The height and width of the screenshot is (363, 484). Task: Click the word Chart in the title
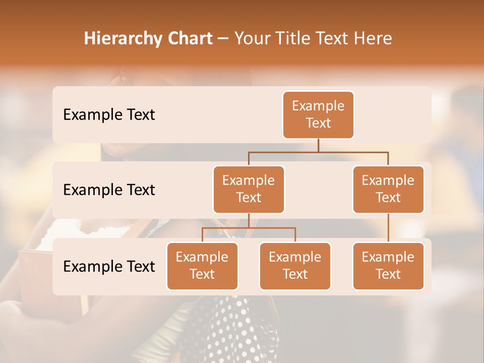coord(190,38)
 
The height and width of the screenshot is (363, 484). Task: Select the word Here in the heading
coord(372,38)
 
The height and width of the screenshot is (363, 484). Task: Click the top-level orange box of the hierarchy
coord(318,115)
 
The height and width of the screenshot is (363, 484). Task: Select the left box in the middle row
coord(249,190)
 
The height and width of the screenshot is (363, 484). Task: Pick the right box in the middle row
coord(388,190)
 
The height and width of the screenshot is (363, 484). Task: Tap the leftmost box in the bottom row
coord(202,266)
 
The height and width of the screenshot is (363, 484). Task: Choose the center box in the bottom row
coord(295,266)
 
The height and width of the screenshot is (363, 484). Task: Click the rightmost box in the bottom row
coord(388,266)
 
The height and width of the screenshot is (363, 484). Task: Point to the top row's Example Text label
coord(109,115)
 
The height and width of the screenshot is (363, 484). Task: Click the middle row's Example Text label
coord(109,190)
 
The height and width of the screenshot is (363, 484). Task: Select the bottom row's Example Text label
coord(109,267)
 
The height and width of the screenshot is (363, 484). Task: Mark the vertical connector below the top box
coord(318,145)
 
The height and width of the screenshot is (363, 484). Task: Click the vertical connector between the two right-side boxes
coord(388,228)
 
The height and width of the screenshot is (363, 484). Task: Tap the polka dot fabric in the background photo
coord(237,328)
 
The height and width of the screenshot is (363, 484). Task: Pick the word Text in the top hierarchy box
coord(318,123)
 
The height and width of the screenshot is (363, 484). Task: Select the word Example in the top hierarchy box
coord(318,106)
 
